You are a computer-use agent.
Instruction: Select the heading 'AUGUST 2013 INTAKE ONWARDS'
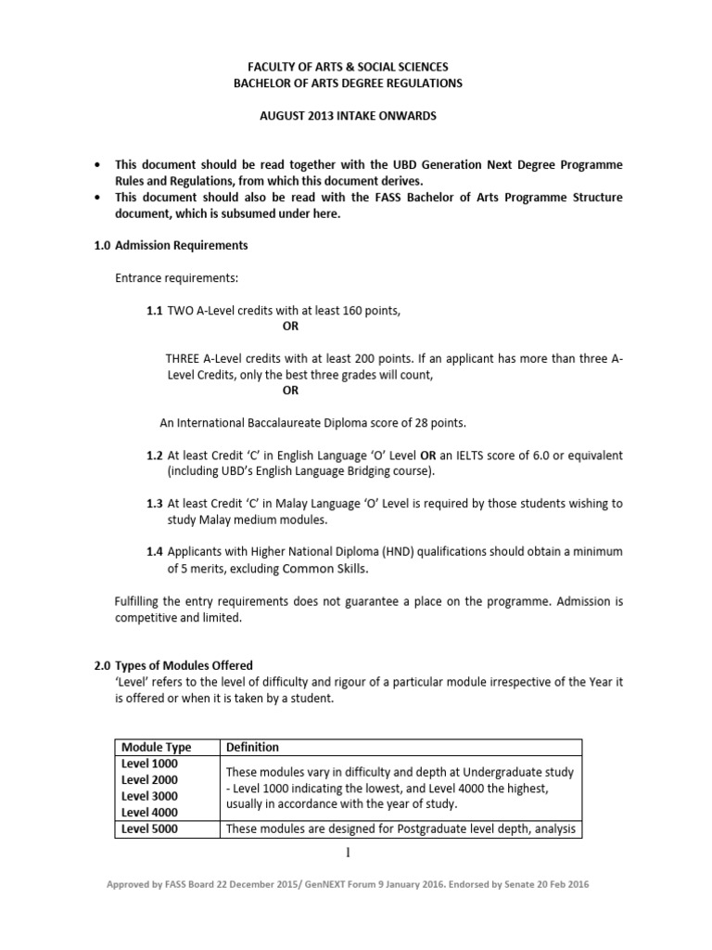pyautogui.click(x=359, y=117)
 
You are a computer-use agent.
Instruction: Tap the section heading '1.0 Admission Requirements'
pyautogui.click(x=172, y=246)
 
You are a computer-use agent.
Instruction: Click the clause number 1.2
pyautogui.click(x=155, y=456)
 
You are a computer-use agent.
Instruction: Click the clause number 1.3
pyautogui.click(x=155, y=503)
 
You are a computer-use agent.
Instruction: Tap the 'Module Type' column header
pyautogui.click(x=157, y=747)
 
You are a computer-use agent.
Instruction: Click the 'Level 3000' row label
pyautogui.click(x=149, y=796)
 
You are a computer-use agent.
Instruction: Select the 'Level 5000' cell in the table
pyautogui.click(x=149, y=829)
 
